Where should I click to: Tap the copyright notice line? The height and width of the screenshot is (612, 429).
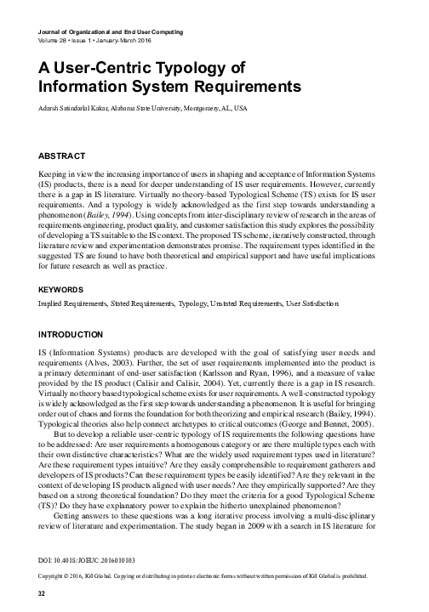(x=204, y=576)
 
